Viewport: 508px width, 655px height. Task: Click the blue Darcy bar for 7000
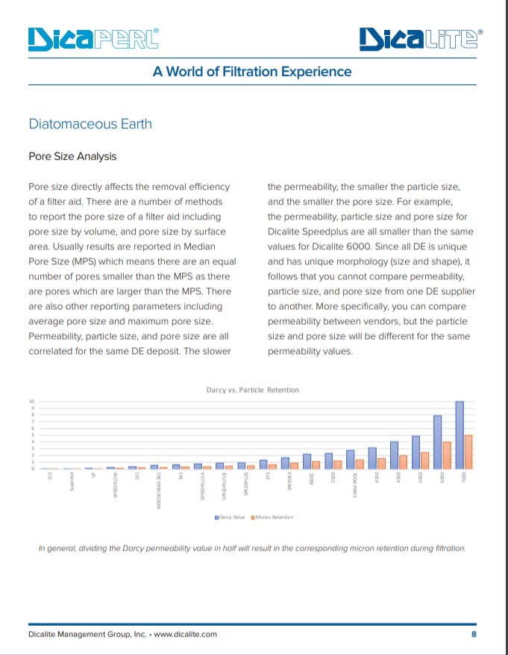(x=460, y=435)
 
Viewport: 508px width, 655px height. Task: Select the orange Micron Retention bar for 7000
(x=468, y=452)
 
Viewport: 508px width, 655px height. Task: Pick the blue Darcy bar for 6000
(x=438, y=442)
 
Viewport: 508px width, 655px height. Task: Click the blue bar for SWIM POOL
(x=350, y=459)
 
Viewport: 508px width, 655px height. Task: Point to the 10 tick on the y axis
(x=32, y=401)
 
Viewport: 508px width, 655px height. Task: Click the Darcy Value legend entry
(x=232, y=517)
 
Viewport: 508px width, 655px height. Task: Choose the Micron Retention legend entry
(x=273, y=517)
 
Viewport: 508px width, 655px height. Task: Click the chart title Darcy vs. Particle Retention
(x=252, y=390)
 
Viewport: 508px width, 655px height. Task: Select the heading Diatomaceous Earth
(x=90, y=124)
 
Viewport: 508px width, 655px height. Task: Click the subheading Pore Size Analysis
(x=72, y=157)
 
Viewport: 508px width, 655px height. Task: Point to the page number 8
(x=474, y=634)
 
